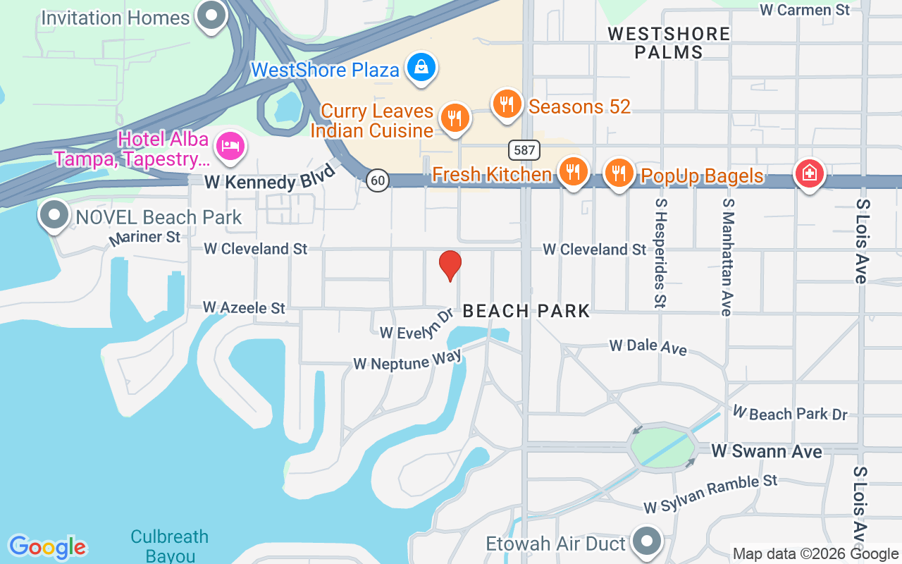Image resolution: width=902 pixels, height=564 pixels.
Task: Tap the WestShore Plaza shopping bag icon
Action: click(x=421, y=68)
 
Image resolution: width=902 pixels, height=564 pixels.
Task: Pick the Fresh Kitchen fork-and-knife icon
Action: click(x=574, y=171)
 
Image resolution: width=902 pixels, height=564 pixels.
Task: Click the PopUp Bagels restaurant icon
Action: click(x=619, y=172)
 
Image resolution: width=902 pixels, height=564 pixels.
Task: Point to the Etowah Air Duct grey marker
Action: click(x=646, y=541)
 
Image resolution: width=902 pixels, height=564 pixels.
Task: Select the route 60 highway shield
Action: click(x=378, y=180)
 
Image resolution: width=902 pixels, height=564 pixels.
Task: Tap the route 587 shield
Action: click(x=524, y=149)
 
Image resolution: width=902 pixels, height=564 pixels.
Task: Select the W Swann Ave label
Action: click(x=767, y=451)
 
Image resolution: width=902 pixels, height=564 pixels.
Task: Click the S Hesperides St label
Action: click(x=660, y=252)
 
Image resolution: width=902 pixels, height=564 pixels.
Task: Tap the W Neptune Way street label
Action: click(x=407, y=360)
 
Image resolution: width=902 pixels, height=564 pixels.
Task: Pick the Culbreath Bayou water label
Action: click(x=170, y=546)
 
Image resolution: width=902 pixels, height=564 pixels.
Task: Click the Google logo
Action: click(x=47, y=546)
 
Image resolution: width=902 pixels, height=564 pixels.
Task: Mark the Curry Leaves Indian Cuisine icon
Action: click(x=455, y=118)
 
